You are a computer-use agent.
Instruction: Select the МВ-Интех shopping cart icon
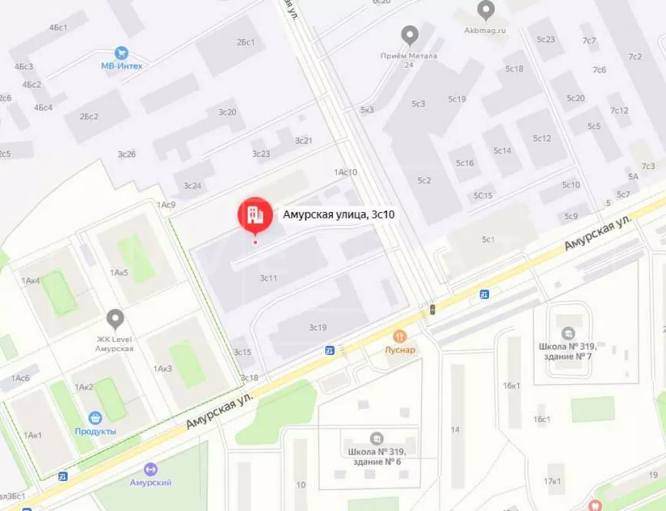coord(121,53)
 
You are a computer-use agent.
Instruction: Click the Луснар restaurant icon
coord(399,336)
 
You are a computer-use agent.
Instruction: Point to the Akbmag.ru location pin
coord(485,10)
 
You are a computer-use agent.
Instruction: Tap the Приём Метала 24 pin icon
coord(409,35)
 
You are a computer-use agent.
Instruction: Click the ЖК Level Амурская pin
coord(115,319)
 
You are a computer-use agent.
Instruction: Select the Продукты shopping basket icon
coord(96,417)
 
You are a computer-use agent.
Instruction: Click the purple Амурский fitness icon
coord(151,469)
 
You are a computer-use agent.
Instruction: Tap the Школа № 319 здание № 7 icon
coord(568,333)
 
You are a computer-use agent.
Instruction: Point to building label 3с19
coord(317,327)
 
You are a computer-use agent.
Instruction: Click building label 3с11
coord(269,278)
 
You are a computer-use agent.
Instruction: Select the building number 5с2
coord(424,180)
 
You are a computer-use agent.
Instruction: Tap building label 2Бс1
coord(246,42)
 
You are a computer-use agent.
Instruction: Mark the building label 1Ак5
coord(119,272)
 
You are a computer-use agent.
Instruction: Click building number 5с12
coord(542,138)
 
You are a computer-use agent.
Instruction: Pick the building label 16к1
coord(511,386)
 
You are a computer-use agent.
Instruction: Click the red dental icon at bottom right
coord(593,505)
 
